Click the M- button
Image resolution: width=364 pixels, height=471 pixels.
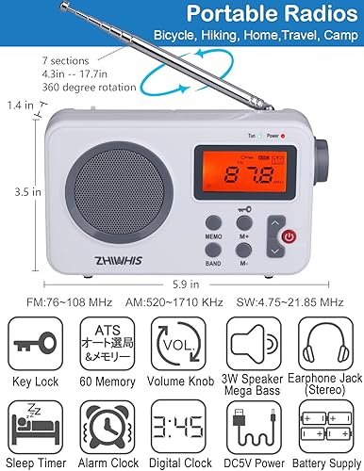(244, 251)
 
